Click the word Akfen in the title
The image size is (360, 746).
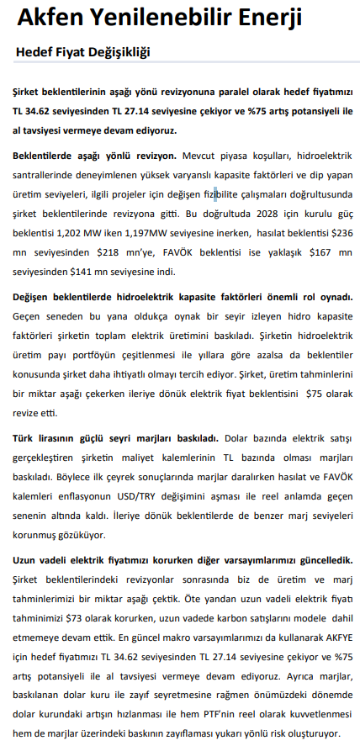pyautogui.click(x=49, y=18)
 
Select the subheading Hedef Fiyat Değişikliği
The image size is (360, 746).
pyautogui.click(x=82, y=53)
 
